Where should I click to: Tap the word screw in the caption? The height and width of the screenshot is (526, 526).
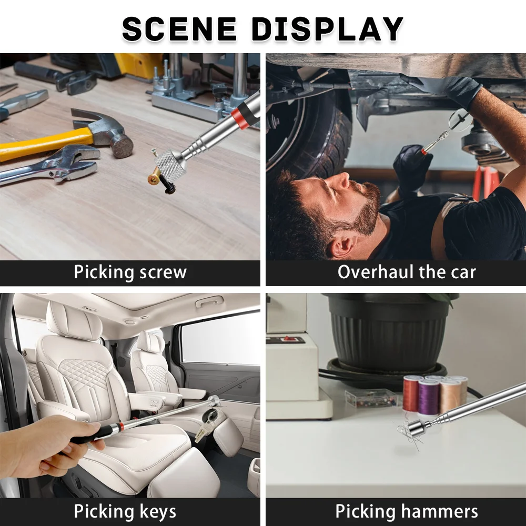[162, 272]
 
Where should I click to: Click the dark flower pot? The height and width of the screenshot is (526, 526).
[387, 329]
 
